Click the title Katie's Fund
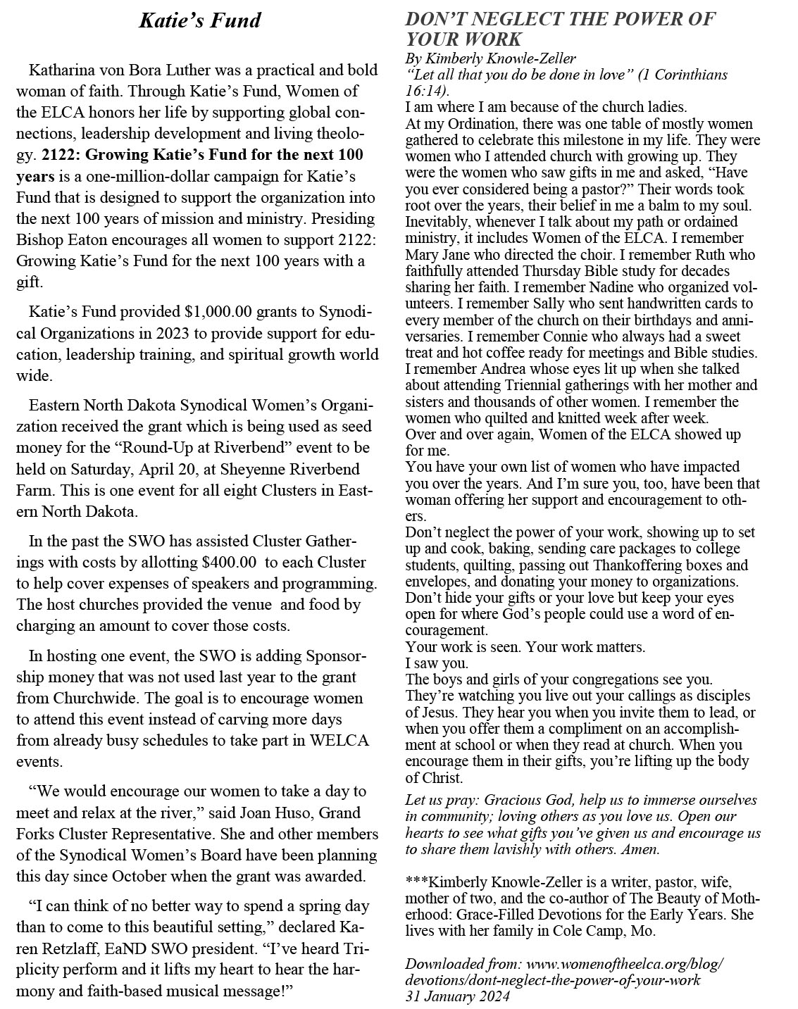click(200, 20)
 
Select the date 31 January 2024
click(457, 996)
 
